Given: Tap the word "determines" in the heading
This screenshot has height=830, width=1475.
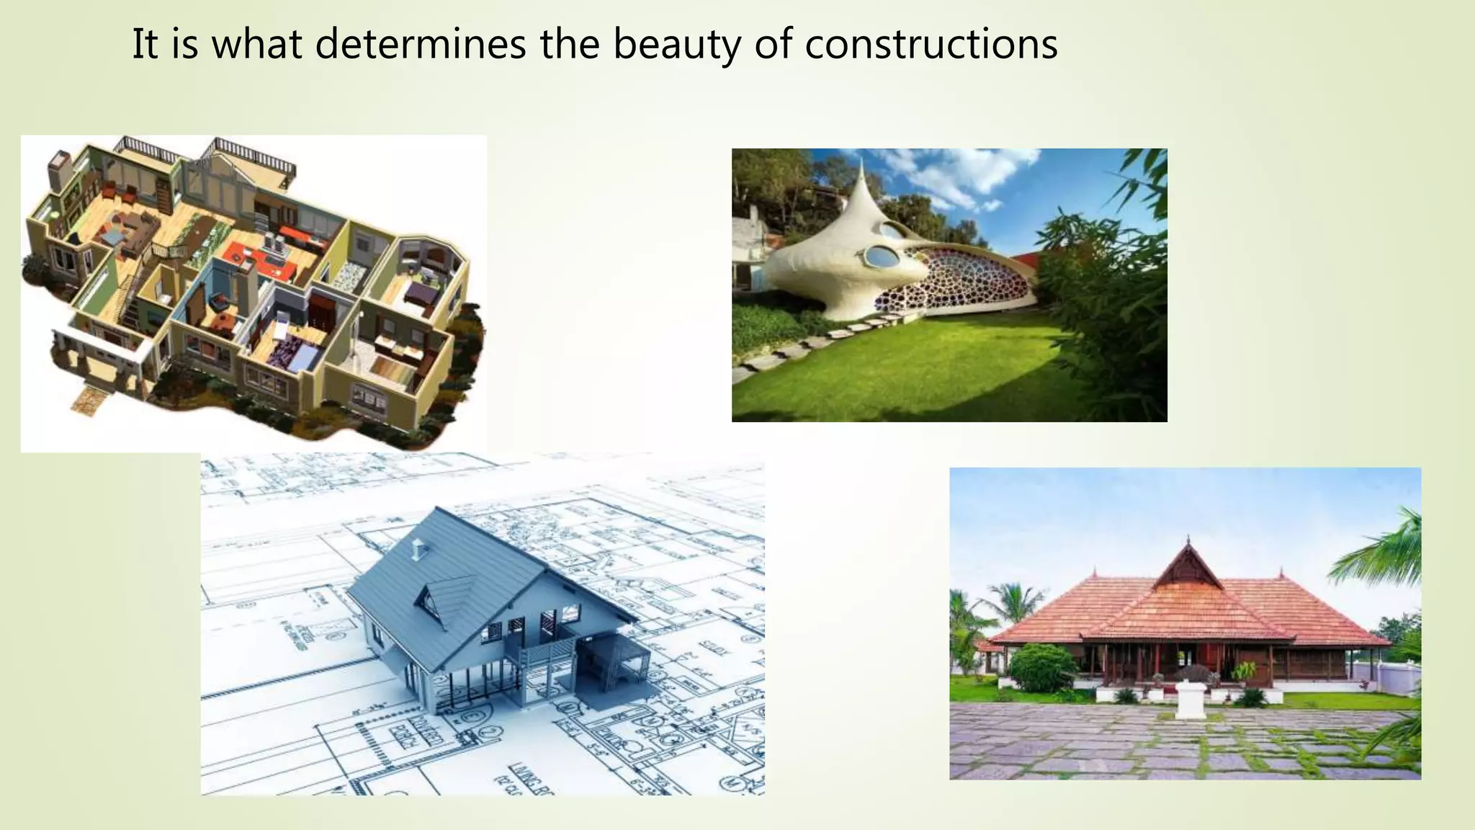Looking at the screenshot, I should tap(421, 45).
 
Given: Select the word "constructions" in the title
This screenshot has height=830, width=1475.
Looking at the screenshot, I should tap(931, 45).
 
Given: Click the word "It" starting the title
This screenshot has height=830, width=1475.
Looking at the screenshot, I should tap(145, 45).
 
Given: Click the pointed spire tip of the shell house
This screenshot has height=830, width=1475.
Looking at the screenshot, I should tap(861, 161).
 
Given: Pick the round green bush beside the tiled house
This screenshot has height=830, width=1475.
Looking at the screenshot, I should tap(1041, 666).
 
